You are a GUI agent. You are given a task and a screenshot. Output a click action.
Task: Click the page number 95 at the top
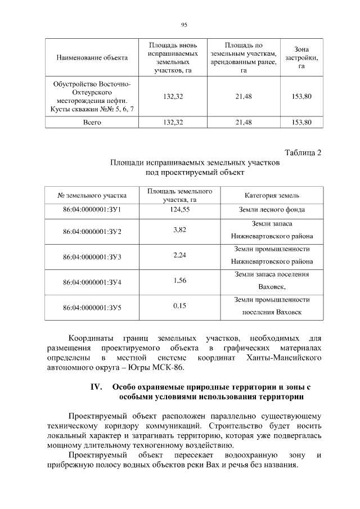click(x=184, y=25)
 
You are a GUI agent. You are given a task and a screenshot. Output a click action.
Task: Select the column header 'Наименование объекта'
click(x=92, y=57)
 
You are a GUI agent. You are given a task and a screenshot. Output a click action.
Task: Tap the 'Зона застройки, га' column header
click(x=301, y=57)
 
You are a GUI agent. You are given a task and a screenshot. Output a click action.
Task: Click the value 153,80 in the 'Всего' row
click(x=301, y=122)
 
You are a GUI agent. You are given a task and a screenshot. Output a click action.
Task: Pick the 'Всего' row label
click(x=92, y=122)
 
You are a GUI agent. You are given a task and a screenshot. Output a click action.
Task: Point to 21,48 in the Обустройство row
click(x=244, y=96)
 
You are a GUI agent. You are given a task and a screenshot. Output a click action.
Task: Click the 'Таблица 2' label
click(x=303, y=153)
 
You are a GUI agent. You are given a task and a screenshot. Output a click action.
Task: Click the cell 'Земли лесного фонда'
click(x=272, y=210)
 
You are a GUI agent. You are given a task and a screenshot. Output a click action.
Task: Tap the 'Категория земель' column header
click(x=272, y=195)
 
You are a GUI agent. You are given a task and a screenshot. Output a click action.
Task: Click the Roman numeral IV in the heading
click(x=96, y=387)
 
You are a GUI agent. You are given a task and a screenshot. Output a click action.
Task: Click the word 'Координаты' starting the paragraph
click(x=92, y=339)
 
